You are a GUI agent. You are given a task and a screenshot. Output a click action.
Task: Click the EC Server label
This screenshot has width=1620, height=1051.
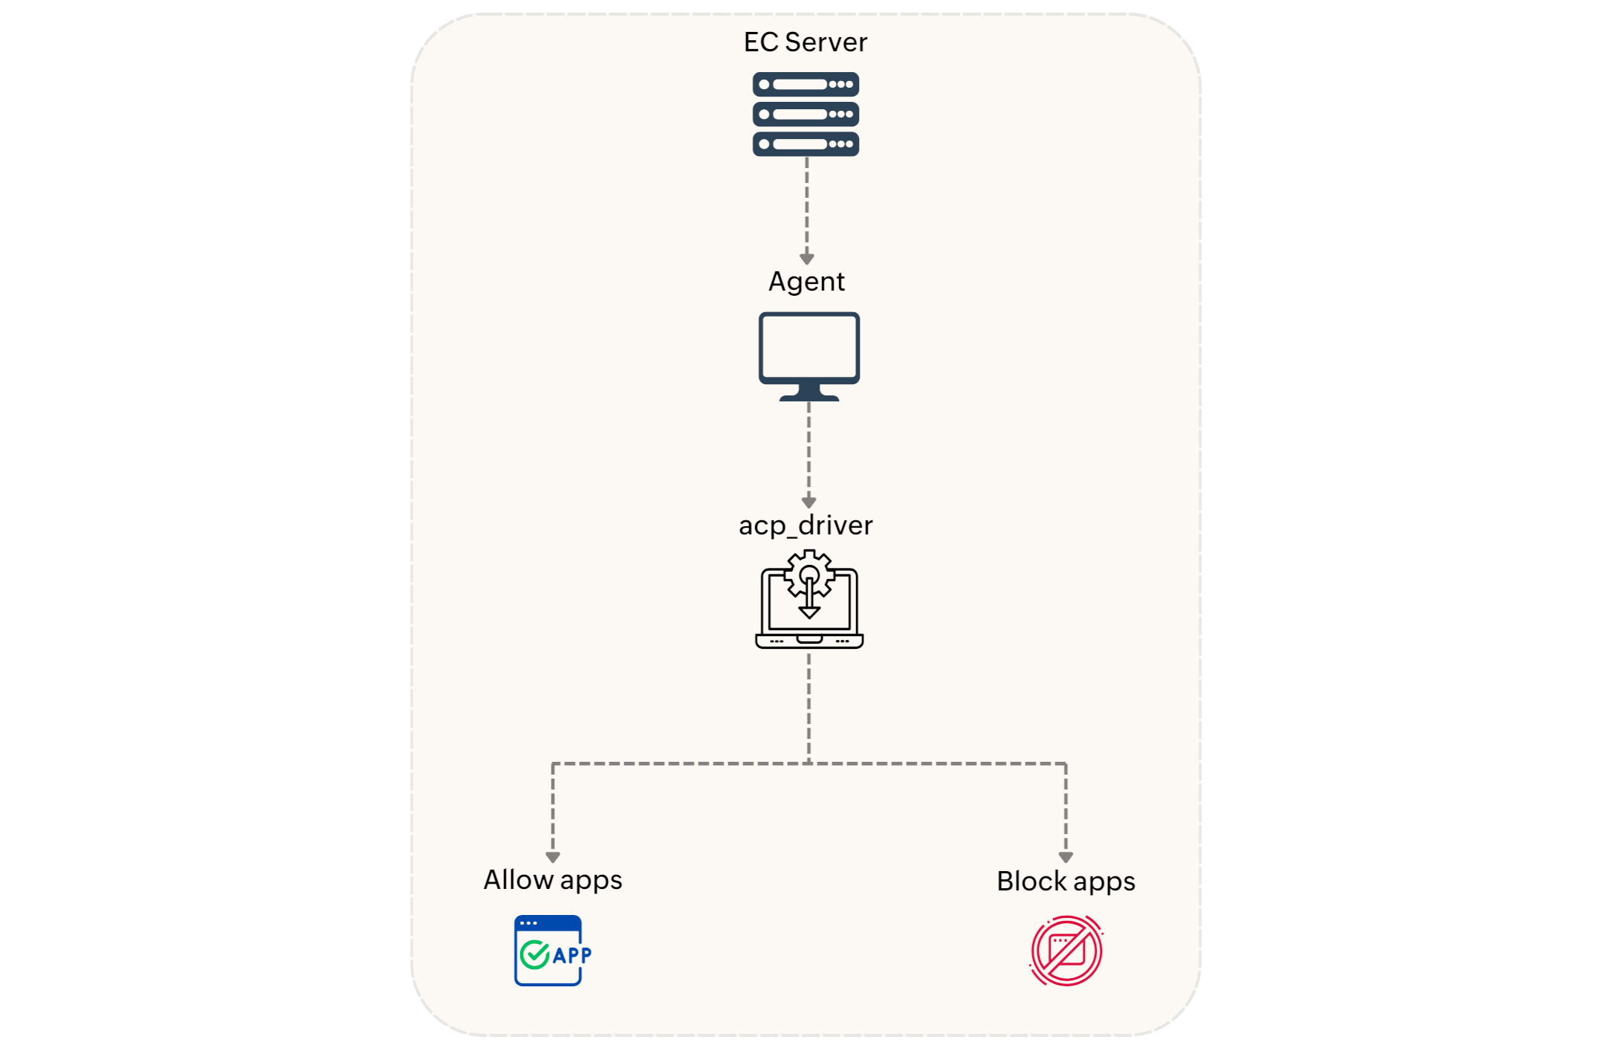[x=805, y=42]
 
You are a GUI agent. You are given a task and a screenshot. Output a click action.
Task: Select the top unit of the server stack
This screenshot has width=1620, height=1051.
[x=806, y=84]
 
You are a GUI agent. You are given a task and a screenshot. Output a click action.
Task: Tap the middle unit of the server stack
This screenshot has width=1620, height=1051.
[x=806, y=114]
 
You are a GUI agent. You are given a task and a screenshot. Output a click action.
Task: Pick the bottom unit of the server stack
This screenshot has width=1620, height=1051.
[x=806, y=143]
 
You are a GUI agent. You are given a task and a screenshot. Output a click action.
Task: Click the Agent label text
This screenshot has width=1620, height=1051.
[x=806, y=282]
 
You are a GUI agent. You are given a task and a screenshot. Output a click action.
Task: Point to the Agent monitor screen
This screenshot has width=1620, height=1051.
[x=809, y=346]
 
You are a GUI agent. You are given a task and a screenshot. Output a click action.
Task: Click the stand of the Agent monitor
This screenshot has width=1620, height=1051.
[x=809, y=392]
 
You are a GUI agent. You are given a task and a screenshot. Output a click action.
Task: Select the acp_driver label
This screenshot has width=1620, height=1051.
[x=806, y=525]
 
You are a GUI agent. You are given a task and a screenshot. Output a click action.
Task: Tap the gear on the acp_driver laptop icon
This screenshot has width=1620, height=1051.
[x=809, y=572]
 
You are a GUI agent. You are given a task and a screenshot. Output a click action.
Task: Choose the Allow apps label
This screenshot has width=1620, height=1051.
[x=553, y=880]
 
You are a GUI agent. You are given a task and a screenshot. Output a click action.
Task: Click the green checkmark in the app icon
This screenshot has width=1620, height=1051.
[x=534, y=955]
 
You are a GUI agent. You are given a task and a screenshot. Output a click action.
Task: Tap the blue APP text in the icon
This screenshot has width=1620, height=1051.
[x=572, y=955]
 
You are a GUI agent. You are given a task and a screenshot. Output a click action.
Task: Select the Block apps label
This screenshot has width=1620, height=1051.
[x=1066, y=882]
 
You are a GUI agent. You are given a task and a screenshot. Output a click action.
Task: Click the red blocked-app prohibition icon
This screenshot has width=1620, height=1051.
[x=1066, y=951]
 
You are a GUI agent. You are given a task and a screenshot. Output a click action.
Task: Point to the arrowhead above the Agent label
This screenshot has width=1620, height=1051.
[x=806, y=259]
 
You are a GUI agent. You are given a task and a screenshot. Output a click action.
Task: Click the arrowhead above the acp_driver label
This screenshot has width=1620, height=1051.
[x=809, y=502]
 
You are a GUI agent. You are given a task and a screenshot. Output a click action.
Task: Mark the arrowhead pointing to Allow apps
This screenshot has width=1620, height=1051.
[x=553, y=857]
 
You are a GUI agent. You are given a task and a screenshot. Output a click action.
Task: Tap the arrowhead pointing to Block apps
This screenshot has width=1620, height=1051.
[x=1066, y=857]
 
